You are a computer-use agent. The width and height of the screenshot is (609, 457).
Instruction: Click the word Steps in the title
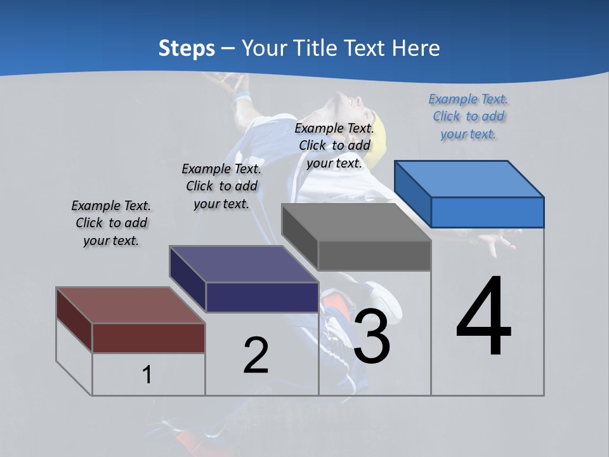186,48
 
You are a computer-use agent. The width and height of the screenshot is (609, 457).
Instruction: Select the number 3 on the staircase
372,336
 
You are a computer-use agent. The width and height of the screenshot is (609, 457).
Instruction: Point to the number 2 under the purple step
256,355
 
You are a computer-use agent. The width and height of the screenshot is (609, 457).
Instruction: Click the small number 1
147,374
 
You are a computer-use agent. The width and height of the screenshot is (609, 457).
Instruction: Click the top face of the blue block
469,178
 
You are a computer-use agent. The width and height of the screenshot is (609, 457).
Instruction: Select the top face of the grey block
357,222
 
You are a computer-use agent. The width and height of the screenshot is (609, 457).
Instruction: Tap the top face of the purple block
244,264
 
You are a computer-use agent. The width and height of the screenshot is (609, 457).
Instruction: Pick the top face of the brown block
131,305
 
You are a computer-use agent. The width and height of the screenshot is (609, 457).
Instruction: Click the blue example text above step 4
468,116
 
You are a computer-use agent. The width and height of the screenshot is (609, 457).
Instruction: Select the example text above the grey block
334,145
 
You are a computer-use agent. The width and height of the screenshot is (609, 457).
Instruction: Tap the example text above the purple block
221,186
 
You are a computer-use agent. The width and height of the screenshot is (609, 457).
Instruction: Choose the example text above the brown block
111,223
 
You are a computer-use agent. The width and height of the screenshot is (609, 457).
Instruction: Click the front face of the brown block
148,338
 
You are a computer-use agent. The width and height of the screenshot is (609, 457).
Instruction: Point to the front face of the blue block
487,212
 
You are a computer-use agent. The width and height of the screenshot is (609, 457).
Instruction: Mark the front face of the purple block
262,297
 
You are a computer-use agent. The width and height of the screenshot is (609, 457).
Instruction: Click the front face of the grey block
374,256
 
